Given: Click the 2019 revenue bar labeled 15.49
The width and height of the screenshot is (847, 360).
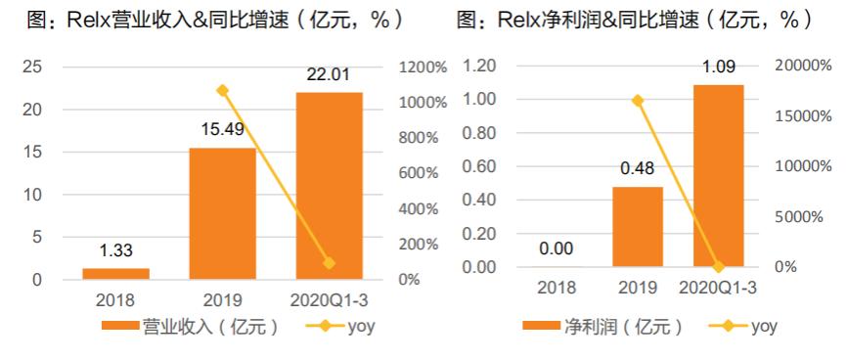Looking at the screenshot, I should point(222,213).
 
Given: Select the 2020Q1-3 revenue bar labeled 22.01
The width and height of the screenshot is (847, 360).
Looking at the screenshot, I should point(329,186).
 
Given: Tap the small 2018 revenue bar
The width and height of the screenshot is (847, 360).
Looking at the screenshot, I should point(115,274).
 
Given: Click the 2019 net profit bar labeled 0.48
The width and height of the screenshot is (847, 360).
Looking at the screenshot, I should point(638,226).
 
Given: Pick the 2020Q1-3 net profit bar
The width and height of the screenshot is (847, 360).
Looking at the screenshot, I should point(718,176).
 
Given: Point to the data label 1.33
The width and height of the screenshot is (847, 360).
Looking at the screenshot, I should point(115,251).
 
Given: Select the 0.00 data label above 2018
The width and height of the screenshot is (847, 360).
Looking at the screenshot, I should point(557,248).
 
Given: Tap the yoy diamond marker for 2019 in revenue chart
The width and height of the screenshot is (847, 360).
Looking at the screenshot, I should point(222,90).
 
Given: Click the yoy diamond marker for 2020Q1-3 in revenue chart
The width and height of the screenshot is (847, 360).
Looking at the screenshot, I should point(329,263).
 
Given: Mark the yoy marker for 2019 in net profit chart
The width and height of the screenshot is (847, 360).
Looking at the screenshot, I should point(638,100).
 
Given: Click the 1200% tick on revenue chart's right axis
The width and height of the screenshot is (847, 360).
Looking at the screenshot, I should point(423,67).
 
